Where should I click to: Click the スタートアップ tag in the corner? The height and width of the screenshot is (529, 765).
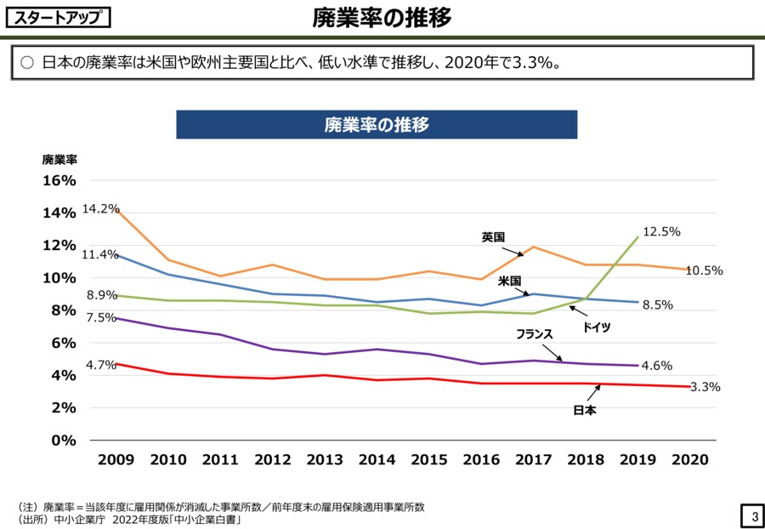point(58,17)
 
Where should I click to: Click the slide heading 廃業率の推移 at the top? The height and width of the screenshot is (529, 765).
point(382,17)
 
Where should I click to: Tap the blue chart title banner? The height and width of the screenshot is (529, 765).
point(377,125)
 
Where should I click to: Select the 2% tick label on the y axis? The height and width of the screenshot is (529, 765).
point(63,407)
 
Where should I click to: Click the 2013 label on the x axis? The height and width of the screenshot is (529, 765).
point(325,459)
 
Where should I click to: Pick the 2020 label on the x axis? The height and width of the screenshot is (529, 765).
point(689,459)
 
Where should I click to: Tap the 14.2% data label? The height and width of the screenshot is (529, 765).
point(101,208)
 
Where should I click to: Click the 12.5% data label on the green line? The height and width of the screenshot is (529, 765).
point(661,231)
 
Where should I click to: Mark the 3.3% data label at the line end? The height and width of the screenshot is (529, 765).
point(705,387)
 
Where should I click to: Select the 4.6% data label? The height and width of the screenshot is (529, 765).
point(656,366)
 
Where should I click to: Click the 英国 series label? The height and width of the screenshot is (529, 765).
point(493,237)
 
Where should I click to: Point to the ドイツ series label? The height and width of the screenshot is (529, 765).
point(596,327)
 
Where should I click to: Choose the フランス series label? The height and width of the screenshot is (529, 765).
point(535,334)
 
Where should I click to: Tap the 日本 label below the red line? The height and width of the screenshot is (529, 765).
point(585,411)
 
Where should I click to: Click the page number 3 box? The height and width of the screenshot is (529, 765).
point(752,516)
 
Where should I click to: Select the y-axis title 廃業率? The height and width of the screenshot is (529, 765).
point(59,159)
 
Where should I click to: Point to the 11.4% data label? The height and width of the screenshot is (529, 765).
point(99,254)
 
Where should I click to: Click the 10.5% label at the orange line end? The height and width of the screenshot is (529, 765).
point(704,270)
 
